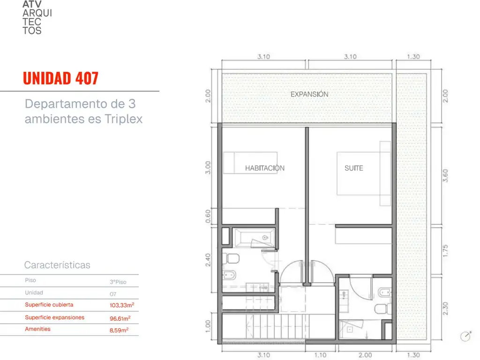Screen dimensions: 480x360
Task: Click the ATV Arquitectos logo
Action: [x=37, y=17]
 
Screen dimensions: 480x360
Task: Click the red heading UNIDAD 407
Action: [x=60, y=78]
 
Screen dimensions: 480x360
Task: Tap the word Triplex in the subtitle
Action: [x=124, y=119]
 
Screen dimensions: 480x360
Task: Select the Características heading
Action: [x=57, y=265]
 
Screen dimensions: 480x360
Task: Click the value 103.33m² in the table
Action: [x=122, y=305]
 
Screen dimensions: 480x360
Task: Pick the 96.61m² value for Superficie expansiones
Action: [x=120, y=318]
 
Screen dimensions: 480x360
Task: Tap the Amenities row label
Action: [x=37, y=329]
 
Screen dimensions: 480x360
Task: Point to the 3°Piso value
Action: [x=118, y=282]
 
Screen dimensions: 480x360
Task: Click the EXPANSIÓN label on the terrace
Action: [x=309, y=94]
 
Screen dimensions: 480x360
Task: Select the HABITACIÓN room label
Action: [x=265, y=168]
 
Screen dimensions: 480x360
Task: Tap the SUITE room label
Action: [x=354, y=168]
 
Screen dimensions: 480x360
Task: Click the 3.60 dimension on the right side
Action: [x=445, y=176]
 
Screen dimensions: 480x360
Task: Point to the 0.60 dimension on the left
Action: [x=208, y=217]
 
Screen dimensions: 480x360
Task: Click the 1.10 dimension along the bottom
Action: [x=321, y=355]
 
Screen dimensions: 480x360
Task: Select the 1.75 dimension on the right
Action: [x=445, y=251]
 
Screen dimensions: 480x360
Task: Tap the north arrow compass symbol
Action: [x=466, y=336]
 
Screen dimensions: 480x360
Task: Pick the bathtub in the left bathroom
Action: [x=254, y=238]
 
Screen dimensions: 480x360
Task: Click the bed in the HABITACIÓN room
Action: [x=250, y=163]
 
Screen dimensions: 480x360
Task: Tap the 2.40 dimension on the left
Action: [x=208, y=260]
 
